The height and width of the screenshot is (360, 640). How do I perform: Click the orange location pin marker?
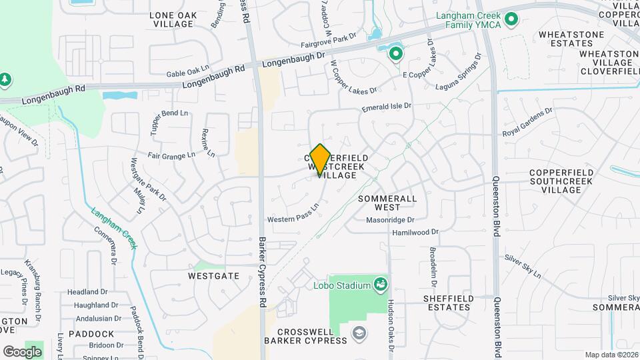coord(321,159)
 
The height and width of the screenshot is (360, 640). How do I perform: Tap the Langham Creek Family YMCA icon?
coord(511,19)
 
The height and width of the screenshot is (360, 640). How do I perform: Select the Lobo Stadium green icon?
coord(381,285)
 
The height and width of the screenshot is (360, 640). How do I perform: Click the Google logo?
coord(23,351)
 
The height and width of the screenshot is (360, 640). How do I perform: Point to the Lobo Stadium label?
coord(341,286)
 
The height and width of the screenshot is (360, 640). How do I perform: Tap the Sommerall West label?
coord(387,203)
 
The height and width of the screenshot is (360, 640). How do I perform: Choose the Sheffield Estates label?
coord(448,303)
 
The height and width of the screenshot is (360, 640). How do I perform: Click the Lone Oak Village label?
coord(174,19)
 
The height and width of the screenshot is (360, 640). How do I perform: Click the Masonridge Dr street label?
coord(390,219)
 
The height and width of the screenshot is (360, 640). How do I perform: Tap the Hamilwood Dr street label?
coord(415,233)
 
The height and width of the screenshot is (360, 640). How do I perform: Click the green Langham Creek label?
coord(114,227)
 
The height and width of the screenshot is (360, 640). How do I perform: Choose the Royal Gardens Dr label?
coord(528,121)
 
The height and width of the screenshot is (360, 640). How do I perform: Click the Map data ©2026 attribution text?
coord(611,355)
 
